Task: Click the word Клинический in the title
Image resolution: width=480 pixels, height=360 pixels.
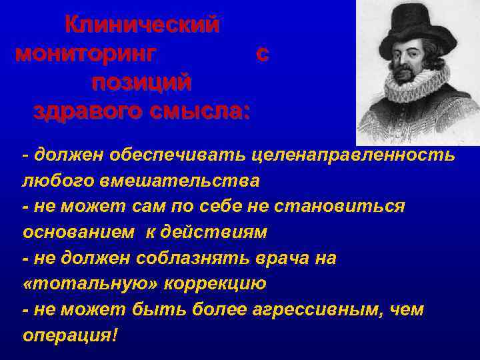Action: click(x=142, y=25)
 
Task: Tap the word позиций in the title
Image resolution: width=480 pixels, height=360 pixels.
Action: click(x=142, y=83)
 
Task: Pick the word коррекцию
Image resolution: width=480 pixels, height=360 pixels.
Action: click(x=212, y=284)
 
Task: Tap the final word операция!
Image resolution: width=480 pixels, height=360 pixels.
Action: click(x=70, y=335)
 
